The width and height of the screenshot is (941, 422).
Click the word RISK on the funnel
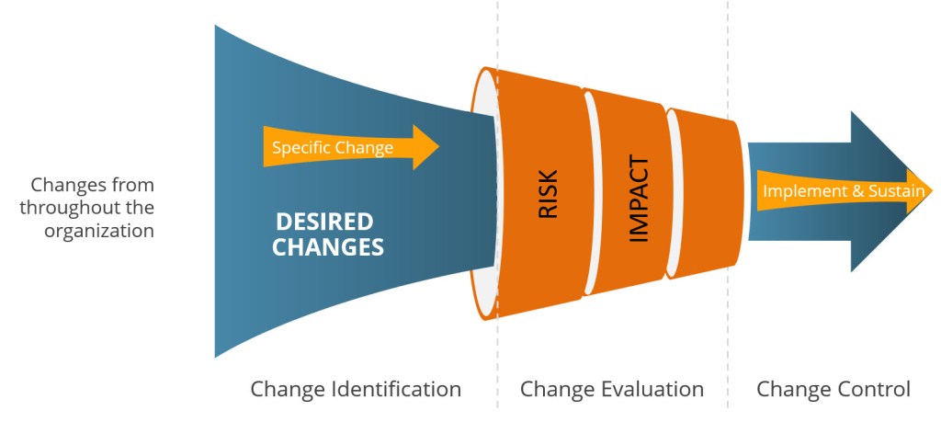[547, 193]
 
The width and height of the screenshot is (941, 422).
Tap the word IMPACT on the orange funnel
[639, 200]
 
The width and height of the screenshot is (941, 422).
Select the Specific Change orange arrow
[349, 147]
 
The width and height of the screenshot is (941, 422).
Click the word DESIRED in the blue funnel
[325, 222]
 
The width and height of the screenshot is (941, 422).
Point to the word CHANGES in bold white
[328, 246]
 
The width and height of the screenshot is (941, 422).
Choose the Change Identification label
[356, 389]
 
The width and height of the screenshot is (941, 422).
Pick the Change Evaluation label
[612, 389]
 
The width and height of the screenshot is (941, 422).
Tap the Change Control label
[833, 389]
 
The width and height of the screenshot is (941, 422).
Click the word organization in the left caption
[99, 230]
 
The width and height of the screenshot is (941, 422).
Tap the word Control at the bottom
[874, 389]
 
